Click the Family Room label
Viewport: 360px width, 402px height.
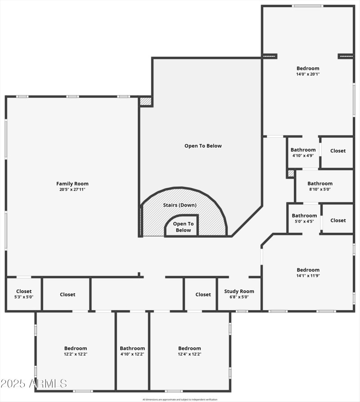(72, 184)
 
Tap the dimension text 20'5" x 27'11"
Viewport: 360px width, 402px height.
(72, 190)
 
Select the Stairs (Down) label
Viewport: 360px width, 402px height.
(180, 205)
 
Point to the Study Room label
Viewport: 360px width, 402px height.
(239, 291)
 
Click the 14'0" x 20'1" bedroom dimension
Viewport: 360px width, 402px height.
(308, 74)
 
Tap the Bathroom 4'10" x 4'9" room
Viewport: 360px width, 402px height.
(303, 152)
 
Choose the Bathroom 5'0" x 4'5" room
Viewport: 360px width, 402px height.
(304, 218)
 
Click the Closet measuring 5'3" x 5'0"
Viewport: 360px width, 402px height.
(24, 294)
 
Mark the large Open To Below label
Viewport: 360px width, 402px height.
(203, 146)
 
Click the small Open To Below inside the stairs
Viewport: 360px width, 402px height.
(183, 227)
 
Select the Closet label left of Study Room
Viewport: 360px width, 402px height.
(203, 294)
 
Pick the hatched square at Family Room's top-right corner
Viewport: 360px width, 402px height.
(145, 101)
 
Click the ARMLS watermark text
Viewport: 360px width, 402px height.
(34, 384)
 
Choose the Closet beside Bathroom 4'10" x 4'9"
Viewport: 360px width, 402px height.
(338, 151)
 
